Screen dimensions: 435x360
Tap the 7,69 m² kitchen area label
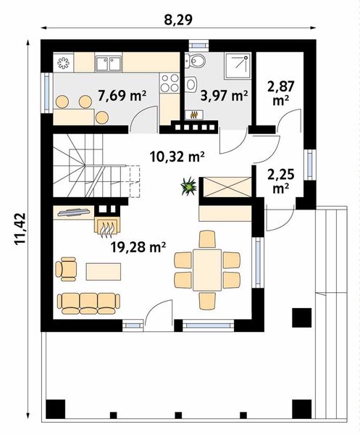122,94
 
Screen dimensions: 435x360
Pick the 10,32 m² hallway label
176,154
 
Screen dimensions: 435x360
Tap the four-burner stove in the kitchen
170,82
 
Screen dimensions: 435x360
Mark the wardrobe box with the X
227,188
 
